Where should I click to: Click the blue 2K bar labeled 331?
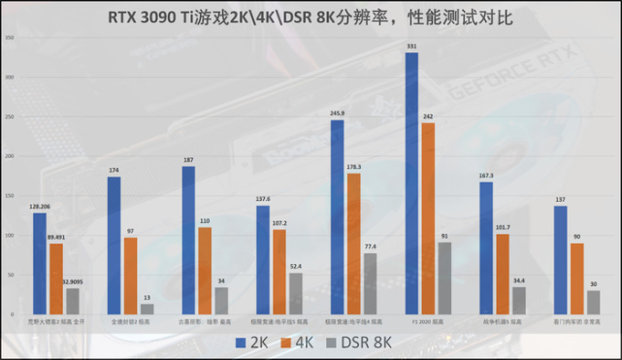pyautogui.click(x=411, y=184)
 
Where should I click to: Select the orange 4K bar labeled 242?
pyautogui.click(x=428, y=219)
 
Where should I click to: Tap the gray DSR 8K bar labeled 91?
pyautogui.click(x=444, y=279)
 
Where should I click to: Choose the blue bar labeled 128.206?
pyautogui.click(x=40, y=265)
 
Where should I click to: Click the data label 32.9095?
pyautogui.click(x=72, y=281)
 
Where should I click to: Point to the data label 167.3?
pyautogui.click(x=486, y=176)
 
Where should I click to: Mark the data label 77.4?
pyautogui.click(x=370, y=246)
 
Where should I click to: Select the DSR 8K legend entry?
pyautogui.click(x=362, y=342)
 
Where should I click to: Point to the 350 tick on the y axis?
pyautogui.click(x=9, y=37)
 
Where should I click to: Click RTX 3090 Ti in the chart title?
pyautogui.click(x=165, y=17)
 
